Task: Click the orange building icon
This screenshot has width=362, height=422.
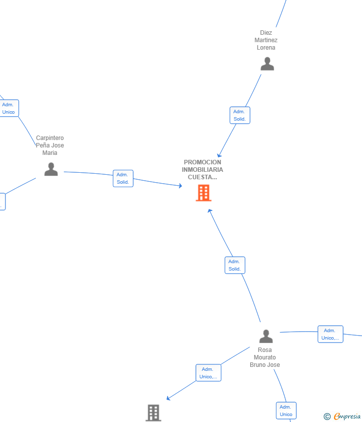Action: point(203,193)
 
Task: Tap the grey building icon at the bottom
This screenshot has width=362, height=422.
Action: point(153,413)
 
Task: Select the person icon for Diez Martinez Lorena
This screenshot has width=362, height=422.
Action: point(267,64)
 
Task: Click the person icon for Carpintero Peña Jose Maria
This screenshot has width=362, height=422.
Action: point(51,169)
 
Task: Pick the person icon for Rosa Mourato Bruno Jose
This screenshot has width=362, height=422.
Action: point(266,336)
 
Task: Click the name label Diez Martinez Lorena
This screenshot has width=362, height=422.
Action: point(266,40)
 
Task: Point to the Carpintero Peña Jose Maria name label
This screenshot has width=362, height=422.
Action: point(50,145)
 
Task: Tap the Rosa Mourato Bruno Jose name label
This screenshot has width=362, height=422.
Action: point(265,357)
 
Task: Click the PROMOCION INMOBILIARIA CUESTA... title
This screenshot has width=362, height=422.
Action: point(202,170)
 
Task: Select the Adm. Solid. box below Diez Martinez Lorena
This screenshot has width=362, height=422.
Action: point(240,115)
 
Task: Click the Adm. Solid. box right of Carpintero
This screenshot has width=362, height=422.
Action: point(123,178)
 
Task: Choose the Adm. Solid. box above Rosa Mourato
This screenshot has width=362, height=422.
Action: point(235,265)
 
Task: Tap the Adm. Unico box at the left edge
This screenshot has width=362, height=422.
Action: point(9,108)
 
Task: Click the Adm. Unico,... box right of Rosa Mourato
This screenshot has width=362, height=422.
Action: point(331,334)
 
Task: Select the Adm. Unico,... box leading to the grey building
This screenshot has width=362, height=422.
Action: point(208,373)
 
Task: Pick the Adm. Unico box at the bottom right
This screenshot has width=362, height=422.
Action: point(286,411)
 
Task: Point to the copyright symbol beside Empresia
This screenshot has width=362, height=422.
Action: point(327,417)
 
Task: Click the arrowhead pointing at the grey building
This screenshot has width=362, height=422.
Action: point(168,398)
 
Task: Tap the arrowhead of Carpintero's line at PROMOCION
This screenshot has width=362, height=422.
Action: point(181,186)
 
